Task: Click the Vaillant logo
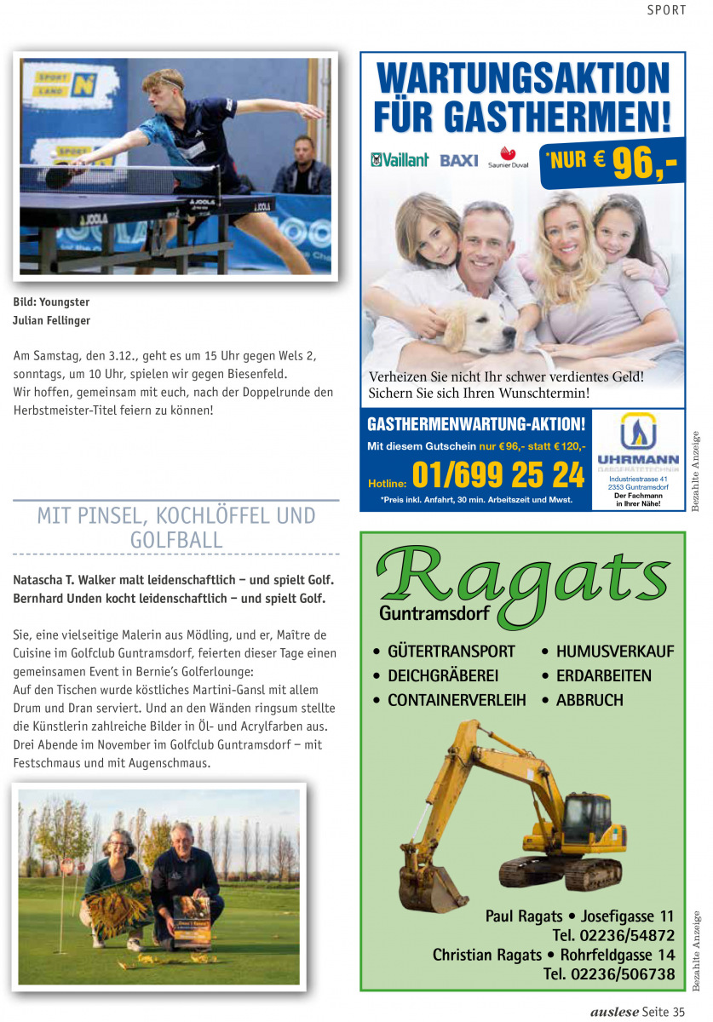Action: click(x=400, y=160)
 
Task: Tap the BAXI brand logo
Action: click(x=459, y=160)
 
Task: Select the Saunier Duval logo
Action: click(x=508, y=158)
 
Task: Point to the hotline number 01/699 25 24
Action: click(x=498, y=475)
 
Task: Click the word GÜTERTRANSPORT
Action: click(x=451, y=652)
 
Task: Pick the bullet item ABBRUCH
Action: click(x=589, y=700)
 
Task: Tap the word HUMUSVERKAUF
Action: click(x=614, y=652)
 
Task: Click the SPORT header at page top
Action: click(x=666, y=10)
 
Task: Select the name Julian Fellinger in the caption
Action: click(x=51, y=320)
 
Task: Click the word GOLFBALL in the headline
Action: click(x=176, y=540)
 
